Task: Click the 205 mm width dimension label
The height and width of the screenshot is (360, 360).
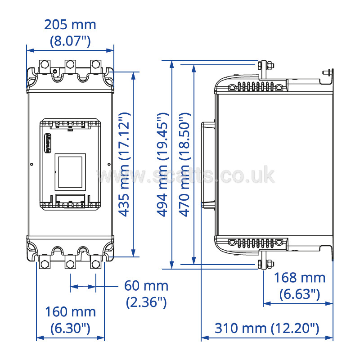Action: coord(70,25)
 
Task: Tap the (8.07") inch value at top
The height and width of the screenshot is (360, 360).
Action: coord(70,41)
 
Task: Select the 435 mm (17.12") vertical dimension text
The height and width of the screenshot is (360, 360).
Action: coord(124,164)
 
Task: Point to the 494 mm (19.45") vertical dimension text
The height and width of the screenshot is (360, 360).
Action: coord(163,165)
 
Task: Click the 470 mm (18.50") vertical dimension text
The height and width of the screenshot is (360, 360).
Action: coord(185,165)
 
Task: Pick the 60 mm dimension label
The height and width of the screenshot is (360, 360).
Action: coord(146,286)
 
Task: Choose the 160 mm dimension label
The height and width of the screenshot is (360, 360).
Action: coord(70,312)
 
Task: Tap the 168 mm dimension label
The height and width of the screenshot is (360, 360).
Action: coord(300,278)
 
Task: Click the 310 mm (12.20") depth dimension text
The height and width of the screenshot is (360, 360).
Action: coord(267,328)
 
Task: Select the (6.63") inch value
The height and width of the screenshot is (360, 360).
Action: coord(300,294)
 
